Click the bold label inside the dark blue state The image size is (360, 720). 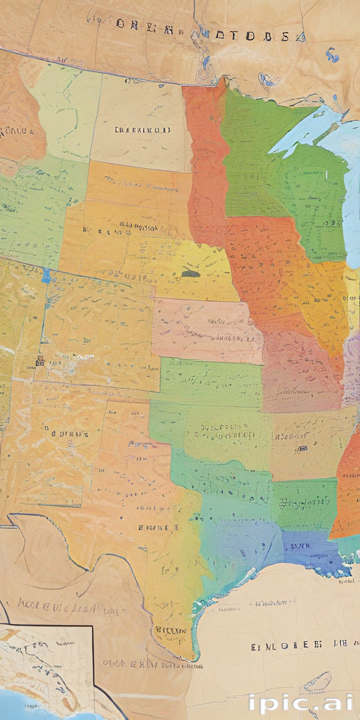tap(300, 545)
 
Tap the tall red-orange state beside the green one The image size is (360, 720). tap(205, 162)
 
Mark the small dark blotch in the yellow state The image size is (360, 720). tap(190, 273)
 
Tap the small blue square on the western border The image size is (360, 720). tap(46, 275)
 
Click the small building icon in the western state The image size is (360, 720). tap(40, 361)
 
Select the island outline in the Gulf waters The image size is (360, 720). tap(316, 681)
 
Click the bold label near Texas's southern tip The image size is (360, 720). tap(172, 631)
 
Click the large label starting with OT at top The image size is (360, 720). tap(262, 35)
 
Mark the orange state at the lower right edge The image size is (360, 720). tap(347, 485)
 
